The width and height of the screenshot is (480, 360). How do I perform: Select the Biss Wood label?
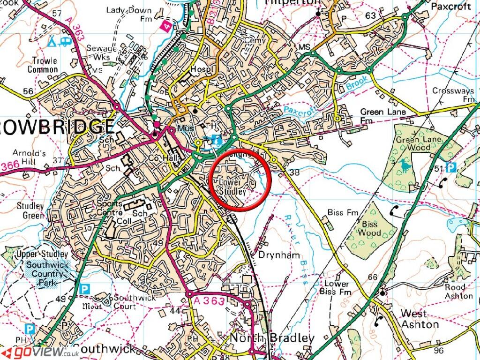click(369, 228)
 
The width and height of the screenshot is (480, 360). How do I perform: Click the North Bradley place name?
click(272, 338)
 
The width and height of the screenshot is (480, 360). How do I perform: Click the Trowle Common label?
click(45, 65)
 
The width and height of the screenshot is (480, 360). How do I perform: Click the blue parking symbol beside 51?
click(450, 167)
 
